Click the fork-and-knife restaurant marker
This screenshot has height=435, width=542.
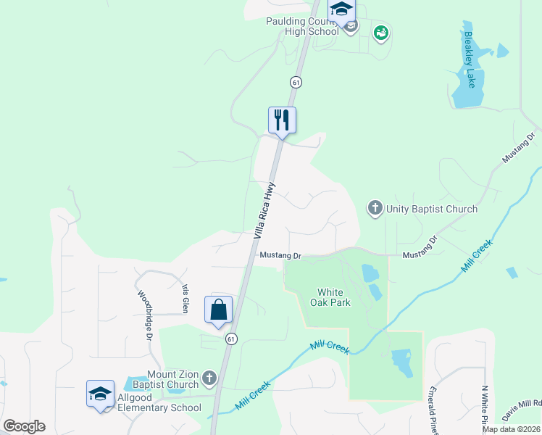(282, 120)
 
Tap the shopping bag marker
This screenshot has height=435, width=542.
(219, 310)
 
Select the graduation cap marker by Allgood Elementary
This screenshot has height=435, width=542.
(100, 394)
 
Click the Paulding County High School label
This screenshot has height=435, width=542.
(302, 27)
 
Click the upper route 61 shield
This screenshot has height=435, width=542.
(296, 82)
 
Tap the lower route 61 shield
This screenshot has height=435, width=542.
(231, 339)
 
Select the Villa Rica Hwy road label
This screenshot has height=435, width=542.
(266, 210)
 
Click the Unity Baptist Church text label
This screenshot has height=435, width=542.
(432, 210)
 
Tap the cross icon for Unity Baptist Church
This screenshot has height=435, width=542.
(375, 209)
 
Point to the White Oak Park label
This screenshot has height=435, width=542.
(333, 297)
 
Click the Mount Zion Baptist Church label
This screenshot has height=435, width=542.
(172, 379)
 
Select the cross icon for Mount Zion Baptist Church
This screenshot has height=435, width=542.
(209, 378)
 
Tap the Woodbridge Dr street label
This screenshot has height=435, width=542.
(144, 316)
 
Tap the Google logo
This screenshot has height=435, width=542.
(24, 426)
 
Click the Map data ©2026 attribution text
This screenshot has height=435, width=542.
(511, 429)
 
